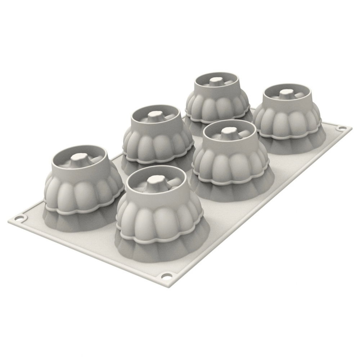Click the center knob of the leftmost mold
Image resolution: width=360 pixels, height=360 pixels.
pyautogui.click(x=78, y=157)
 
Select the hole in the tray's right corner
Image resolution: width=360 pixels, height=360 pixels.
pyautogui.click(x=340, y=128)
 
